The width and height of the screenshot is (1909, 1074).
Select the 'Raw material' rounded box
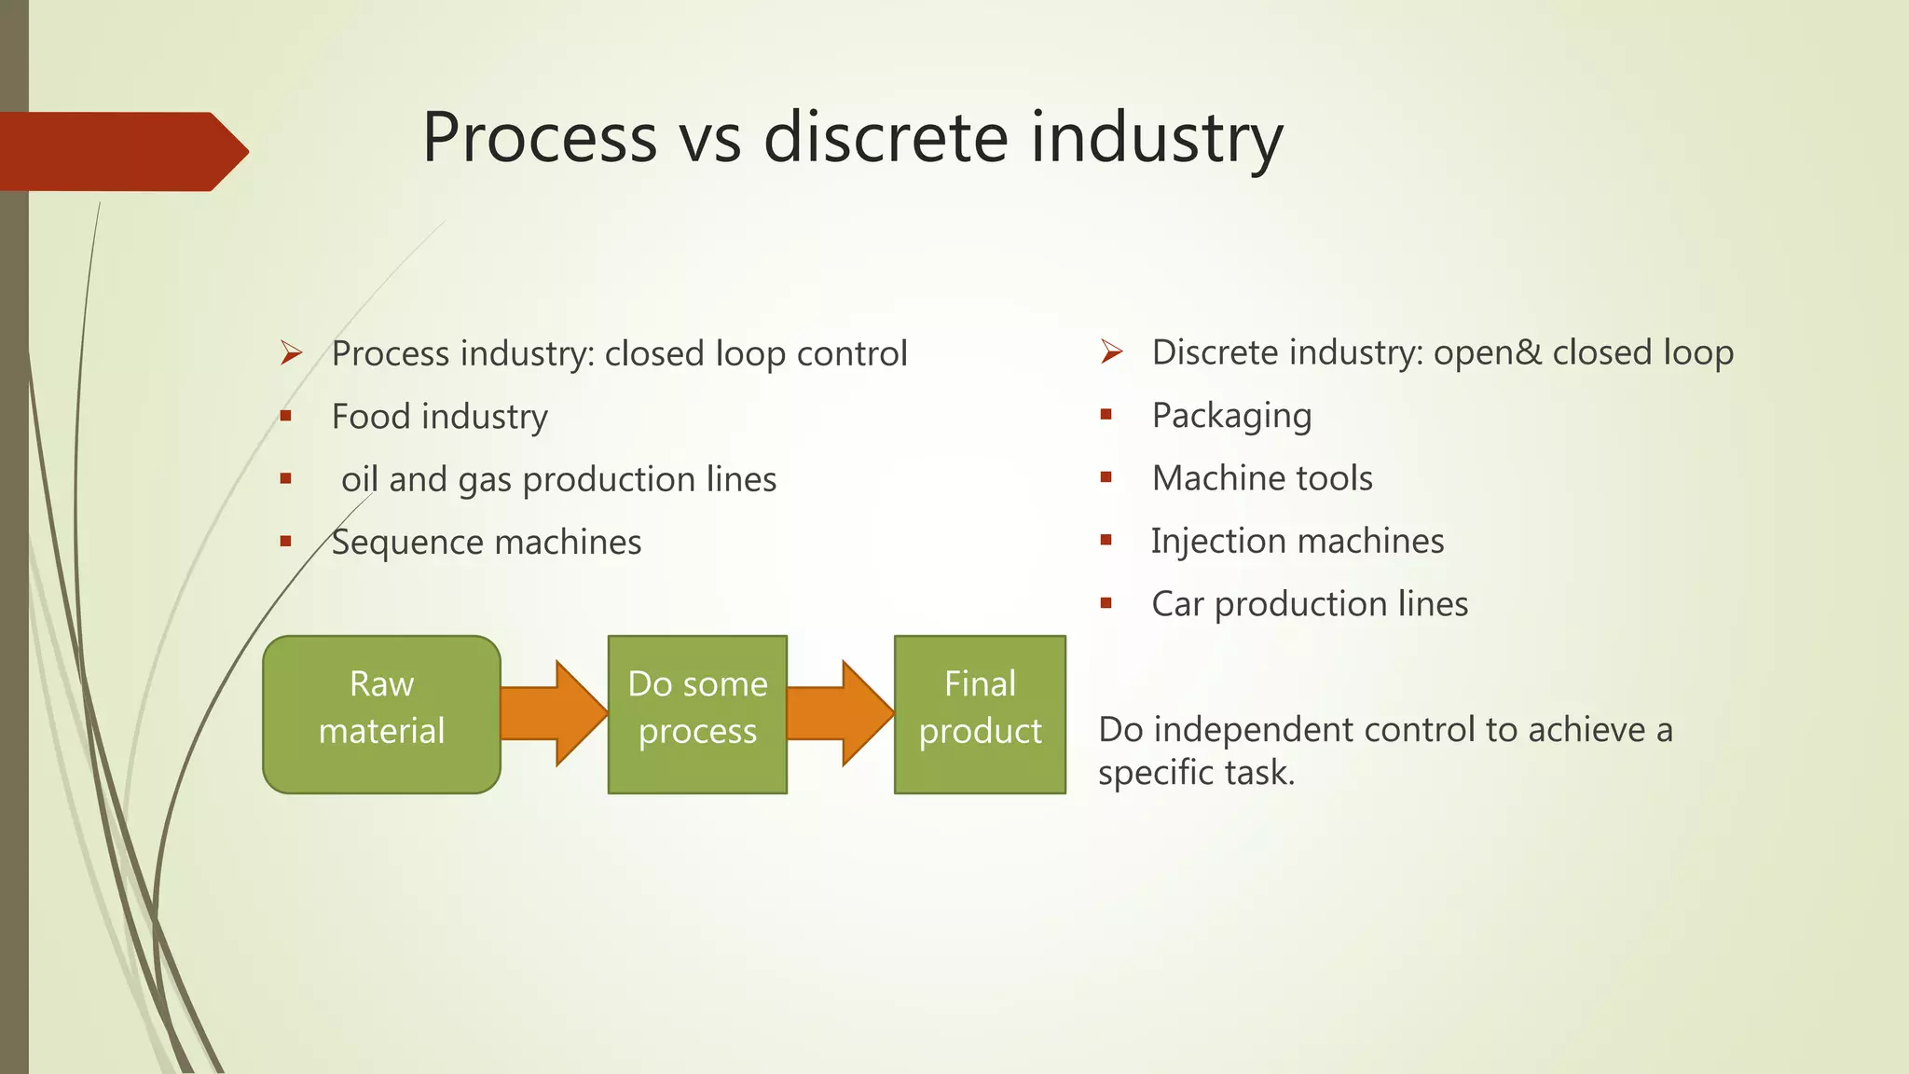381,714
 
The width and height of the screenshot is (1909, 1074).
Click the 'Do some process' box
697,714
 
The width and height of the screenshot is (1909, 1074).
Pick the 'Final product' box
980,714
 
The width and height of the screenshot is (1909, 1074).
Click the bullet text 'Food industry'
439,417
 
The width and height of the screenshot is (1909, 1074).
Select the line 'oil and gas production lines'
558,480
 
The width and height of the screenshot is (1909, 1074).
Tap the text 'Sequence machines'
487,543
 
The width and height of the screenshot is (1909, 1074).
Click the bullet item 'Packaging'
1231,416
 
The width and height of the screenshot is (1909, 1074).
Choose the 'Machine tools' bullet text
1262,478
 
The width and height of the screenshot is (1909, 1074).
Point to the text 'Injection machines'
1298,541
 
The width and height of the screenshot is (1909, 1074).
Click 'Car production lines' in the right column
1310,604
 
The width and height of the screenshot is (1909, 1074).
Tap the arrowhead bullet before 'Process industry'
291,353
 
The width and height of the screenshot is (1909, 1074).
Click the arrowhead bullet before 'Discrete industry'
1111,351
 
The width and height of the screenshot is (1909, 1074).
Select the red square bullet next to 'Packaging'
1106,415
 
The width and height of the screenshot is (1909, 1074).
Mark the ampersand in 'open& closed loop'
1529,352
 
